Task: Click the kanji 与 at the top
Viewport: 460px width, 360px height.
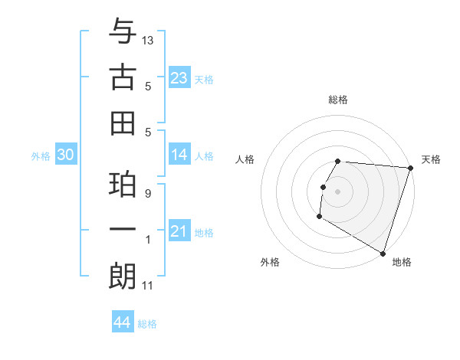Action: pos(123,33)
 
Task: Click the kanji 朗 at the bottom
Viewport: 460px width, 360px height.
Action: pos(123,277)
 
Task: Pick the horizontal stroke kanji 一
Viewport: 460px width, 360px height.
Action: pos(123,231)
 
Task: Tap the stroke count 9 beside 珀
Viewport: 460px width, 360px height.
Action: pos(147,194)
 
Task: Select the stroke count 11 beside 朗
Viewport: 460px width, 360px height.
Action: pos(147,286)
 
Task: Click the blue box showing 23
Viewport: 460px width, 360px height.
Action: pos(179,77)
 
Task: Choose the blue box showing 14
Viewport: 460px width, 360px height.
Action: pos(179,155)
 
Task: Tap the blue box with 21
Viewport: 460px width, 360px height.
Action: pos(179,231)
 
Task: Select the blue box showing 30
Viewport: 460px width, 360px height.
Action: pos(65,155)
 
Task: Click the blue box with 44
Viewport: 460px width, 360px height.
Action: pos(122,322)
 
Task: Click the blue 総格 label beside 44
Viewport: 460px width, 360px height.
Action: pos(147,324)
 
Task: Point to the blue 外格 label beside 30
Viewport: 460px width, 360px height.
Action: pos(41,156)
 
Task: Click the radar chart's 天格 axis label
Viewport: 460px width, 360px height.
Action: pos(431,159)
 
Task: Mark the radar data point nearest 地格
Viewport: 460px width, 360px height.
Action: pos(382,253)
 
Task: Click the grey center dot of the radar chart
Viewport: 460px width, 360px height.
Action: pos(337,191)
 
